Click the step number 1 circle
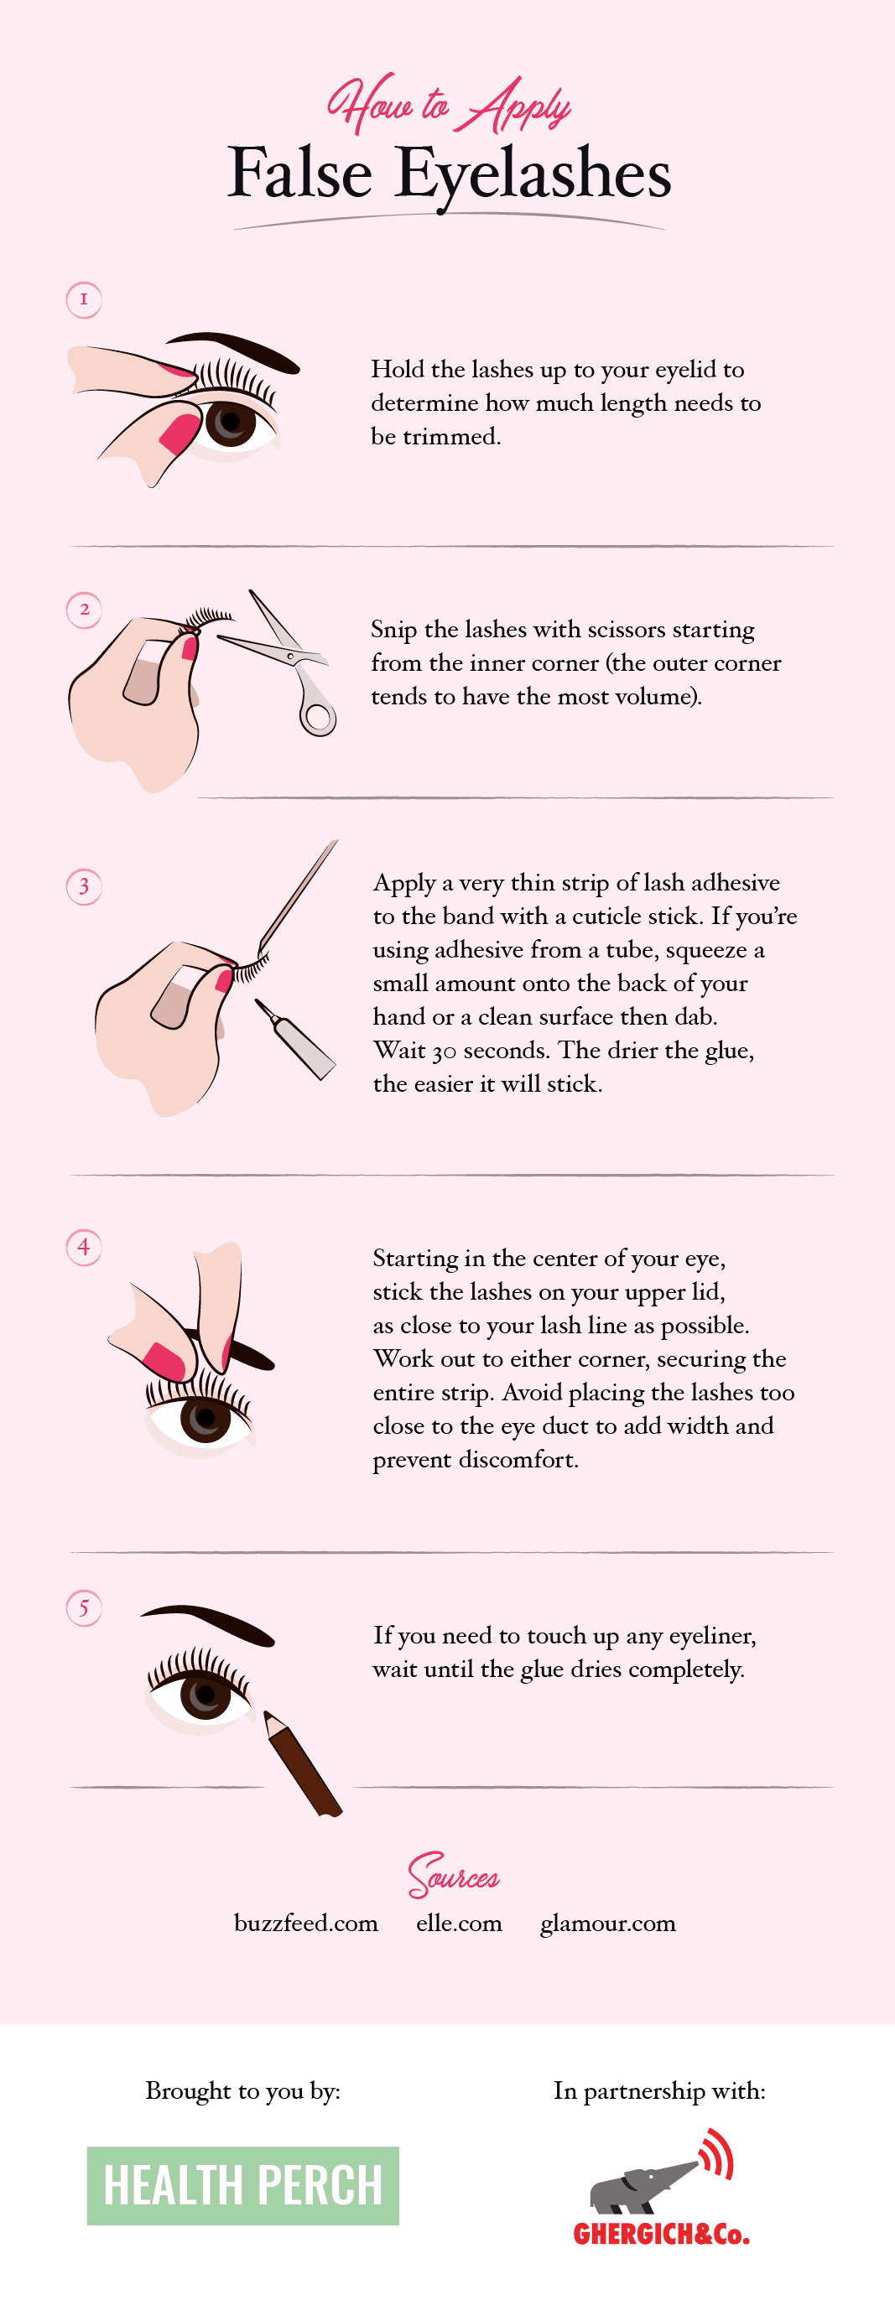tap(84, 299)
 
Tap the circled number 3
tap(84, 886)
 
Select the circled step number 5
tap(84, 1607)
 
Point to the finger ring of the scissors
tap(317, 717)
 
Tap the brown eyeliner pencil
tap(302, 1763)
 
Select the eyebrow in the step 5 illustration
tap(207, 1623)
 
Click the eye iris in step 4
tap(206, 1417)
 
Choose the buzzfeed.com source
tap(305, 1923)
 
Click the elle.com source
tap(459, 1923)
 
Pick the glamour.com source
tap(607, 1924)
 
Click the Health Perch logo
tap(242, 2186)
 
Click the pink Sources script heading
tap(453, 1874)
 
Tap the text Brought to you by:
tap(242, 2091)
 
